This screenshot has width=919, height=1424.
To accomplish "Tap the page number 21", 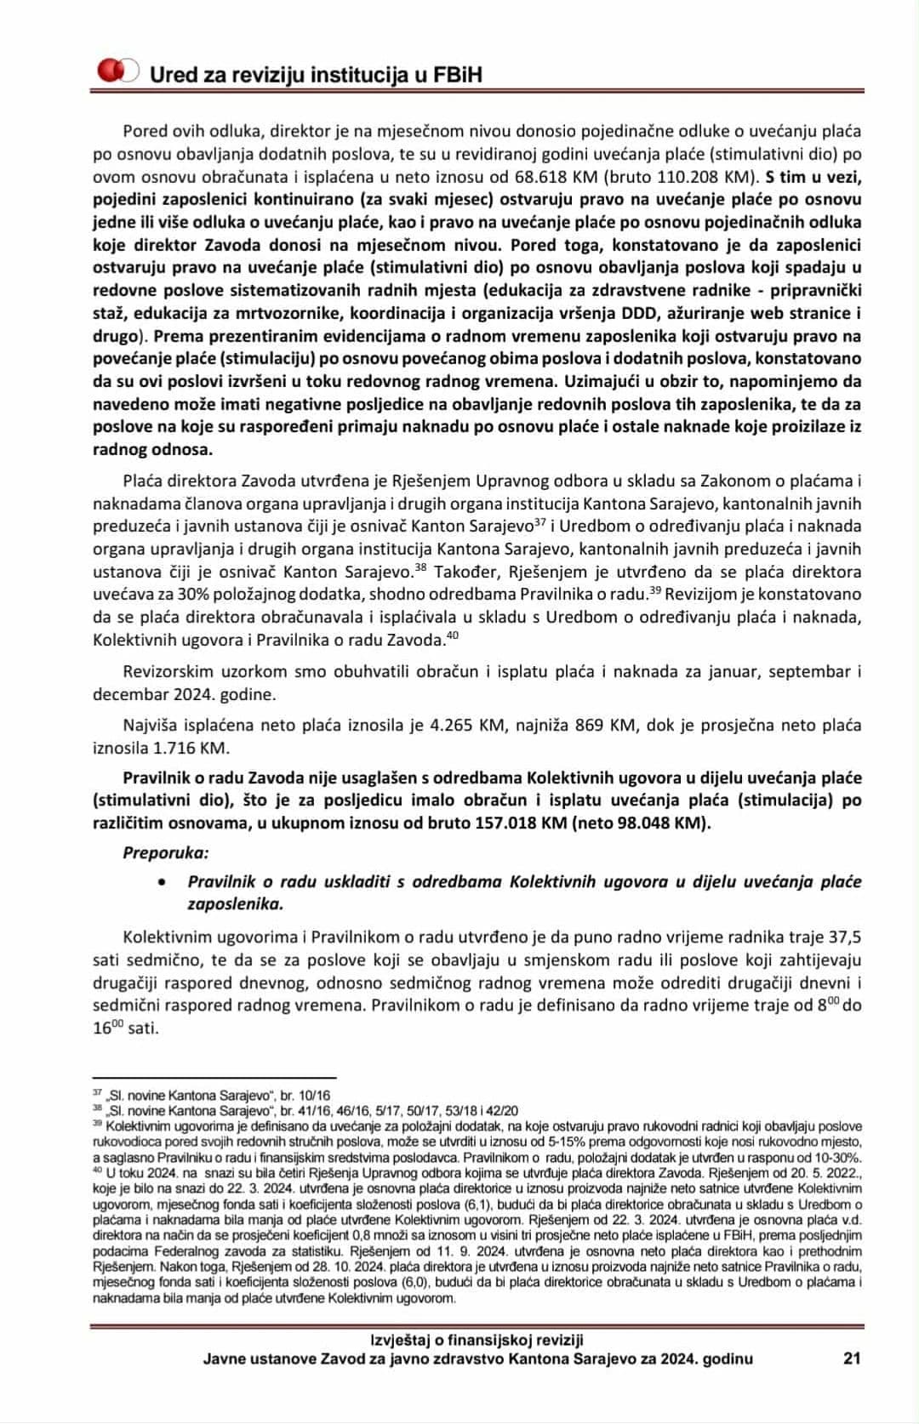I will tap(852, 1358).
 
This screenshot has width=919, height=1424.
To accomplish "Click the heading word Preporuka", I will tap(165, 852).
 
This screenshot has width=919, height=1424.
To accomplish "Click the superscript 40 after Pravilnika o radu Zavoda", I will tap(452, 635).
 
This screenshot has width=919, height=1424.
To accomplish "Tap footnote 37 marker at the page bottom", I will tap(97, 1093).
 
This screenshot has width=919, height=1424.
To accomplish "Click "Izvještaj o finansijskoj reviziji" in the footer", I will tap(477, 1341).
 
